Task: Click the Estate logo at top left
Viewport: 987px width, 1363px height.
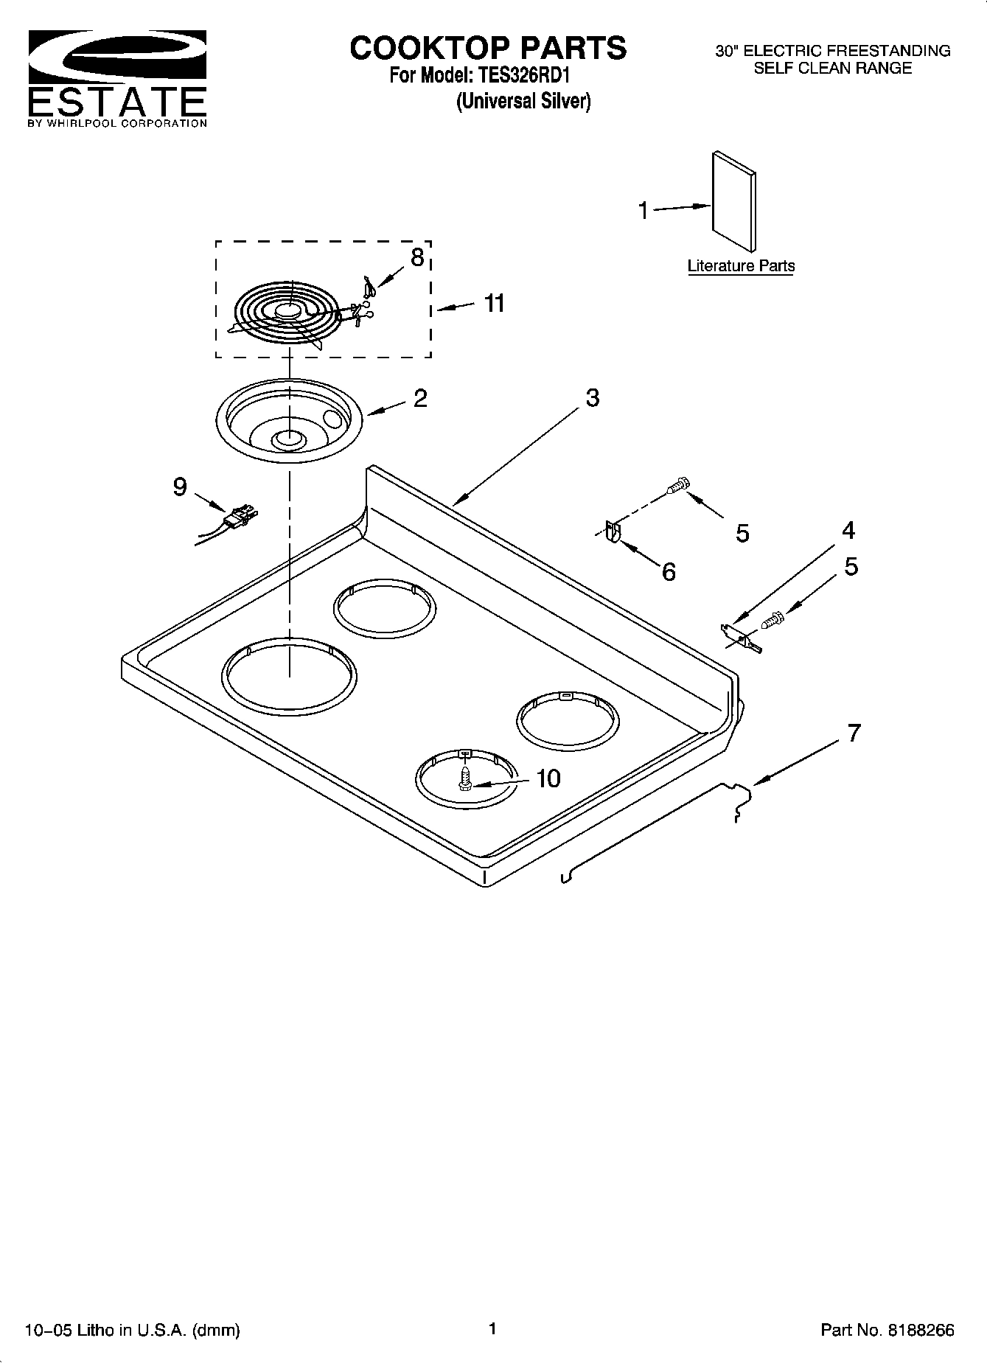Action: pos(116,78)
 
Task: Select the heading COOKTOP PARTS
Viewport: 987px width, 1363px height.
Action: pos(488,48)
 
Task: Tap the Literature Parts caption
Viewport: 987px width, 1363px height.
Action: pos(741,266)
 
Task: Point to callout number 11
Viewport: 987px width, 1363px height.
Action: pos(494,303)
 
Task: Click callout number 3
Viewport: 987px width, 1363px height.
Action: pos(592,398)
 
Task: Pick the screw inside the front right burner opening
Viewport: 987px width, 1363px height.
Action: pos(465,778)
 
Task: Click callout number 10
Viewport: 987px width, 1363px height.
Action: pos(548,778)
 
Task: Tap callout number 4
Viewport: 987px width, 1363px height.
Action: pos(848,530)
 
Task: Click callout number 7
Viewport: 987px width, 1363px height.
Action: pos(854,733)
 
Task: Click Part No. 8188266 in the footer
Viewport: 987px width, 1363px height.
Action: pos(887,1330)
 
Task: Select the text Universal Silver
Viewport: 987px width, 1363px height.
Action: pos(523,101)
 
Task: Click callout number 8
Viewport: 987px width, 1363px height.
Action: pos(417,257)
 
